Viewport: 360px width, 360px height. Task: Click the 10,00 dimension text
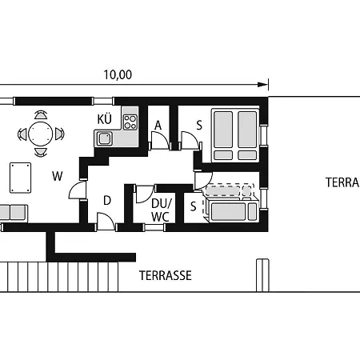[118, 75]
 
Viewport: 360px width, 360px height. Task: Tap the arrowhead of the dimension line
[262, 85]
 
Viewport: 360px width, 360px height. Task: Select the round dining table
[41, 134]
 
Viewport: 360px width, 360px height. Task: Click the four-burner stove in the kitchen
[130, 122]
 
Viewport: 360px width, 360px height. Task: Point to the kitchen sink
[105, 138]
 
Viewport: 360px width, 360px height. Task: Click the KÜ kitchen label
[105, 119]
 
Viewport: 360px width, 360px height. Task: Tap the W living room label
[58, 176]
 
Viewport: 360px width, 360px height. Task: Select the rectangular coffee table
[20, 178]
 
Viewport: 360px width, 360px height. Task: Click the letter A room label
[158, 125]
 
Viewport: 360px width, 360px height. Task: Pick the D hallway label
[107, 201]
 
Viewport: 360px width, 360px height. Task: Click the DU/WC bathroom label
[161, 210]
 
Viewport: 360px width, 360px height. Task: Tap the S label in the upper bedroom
[199, 126]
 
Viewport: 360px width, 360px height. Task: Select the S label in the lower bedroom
[194, 206]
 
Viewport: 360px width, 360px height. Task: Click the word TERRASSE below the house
[166, 275]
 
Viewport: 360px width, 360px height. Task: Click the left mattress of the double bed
[223, 130]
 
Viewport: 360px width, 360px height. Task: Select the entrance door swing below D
[106, 221]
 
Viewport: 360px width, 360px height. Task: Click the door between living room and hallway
[78, 190]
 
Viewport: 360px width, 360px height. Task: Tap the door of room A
[160, 140]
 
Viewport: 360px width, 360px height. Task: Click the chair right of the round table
[59, 134]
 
